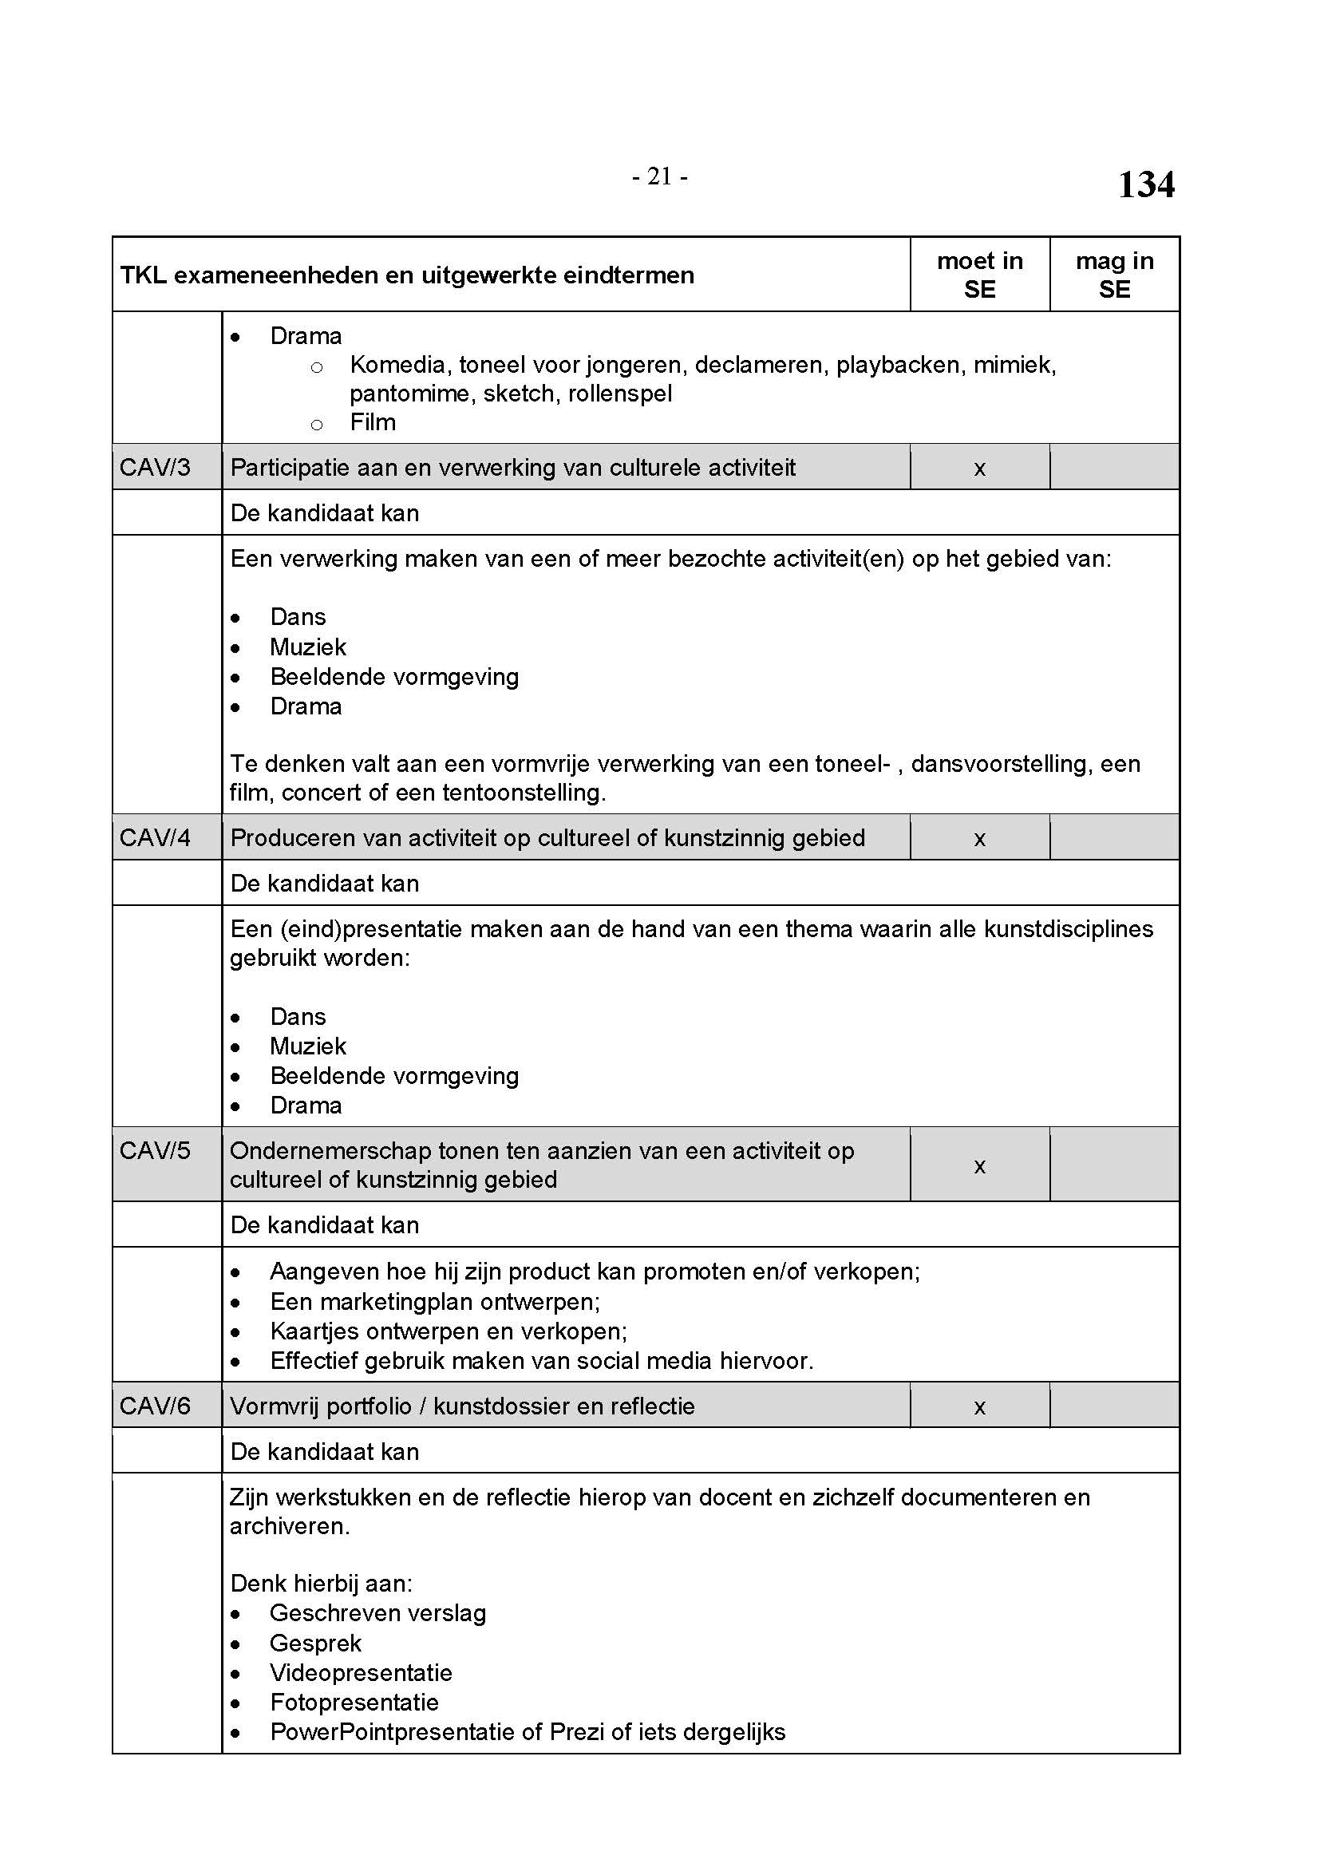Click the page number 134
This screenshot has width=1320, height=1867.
(x=1145, y=184)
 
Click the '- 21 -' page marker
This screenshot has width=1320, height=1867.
(x=660, y=176)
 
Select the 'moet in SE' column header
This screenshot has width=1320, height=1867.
(x=979, y=275)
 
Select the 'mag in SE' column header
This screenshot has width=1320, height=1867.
(x=1114, y=275)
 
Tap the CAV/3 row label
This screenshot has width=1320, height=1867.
(x=155, y=468)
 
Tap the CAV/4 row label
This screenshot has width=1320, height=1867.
(x=155, y=837)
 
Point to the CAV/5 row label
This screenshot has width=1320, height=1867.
(x=155, y=1151)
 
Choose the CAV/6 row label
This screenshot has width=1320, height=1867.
(x=155, y=1406)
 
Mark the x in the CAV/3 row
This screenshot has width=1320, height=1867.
(x=979, y=469)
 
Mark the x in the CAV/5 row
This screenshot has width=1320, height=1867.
(x=979, y=1167)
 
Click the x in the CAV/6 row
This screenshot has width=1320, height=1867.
(x=979, y=1407)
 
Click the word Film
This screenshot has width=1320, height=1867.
(x=372, y=423)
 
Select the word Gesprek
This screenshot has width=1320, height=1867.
(x=315, y=1644)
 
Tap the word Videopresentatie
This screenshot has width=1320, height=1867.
(x=361, y=1673)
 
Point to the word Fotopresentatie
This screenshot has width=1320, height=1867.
(x=354, y=1702)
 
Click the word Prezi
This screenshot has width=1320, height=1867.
(x=576, y=1732)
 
